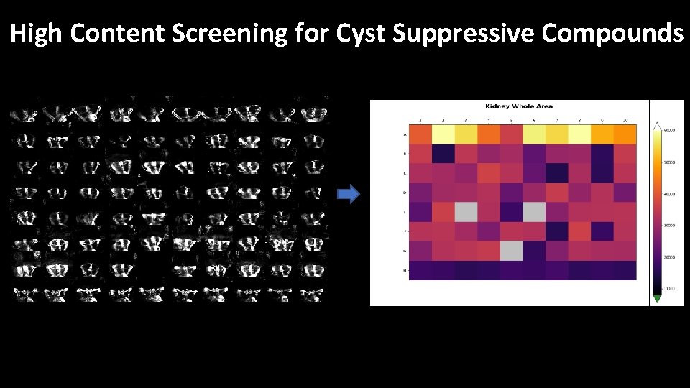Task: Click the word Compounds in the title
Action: point(612,33)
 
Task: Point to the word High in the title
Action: point(37,33)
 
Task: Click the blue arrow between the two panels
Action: point(349,195)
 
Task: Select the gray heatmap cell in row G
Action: point(511,249)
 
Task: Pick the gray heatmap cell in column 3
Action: point(466,212)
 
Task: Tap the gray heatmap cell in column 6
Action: point(533,212)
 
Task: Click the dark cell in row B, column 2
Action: point(443,154)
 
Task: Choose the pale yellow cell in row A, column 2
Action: point(443,134)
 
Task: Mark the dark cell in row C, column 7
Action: point(556,173)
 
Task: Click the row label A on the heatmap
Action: point(405,134)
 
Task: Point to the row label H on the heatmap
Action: point(405,269)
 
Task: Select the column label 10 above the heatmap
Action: point(625,120)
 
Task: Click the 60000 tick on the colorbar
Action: point(670,130)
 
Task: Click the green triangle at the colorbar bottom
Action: point(657,298)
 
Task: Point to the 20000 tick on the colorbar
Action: point(670,257)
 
